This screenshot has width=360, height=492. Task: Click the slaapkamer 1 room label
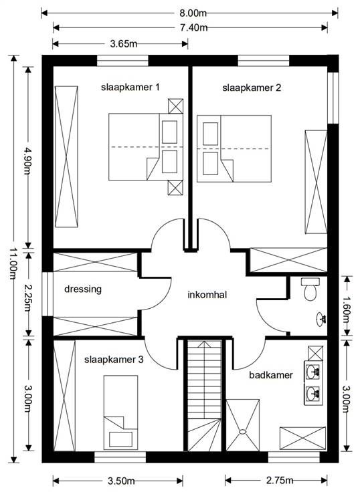[130, 87]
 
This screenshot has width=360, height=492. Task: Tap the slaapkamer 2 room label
[252, 88]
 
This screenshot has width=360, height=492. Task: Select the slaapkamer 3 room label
[114, 360]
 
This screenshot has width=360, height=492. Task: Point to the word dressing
[83, 289]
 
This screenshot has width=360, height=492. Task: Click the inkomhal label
[207, 295]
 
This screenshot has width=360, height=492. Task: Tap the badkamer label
[271, 375]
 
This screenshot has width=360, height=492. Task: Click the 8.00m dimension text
[193, 13]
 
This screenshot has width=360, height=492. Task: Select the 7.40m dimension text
[194, 27]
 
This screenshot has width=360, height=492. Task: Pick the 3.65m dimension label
[123, 43]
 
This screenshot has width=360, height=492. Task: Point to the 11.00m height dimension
[13, 264]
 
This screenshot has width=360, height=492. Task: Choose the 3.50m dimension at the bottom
[121, 481]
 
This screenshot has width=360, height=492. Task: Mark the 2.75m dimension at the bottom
[280, 480]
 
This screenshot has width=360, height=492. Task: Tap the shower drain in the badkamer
[242, 432]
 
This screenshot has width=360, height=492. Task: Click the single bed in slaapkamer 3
[120, 412]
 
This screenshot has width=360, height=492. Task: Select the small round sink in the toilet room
[321, 320]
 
